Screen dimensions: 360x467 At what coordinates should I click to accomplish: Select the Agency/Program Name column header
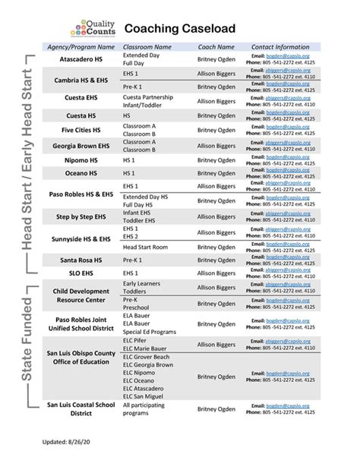[74, 47]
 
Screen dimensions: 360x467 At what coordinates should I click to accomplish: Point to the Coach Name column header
[216, 47]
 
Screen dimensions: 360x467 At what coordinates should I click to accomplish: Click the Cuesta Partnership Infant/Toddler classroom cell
[147, 100]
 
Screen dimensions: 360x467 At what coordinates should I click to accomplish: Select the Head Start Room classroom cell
[145, 247]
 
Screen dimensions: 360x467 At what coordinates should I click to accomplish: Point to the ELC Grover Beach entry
[146, 356]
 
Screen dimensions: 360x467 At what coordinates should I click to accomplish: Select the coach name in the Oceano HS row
[216, 173]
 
